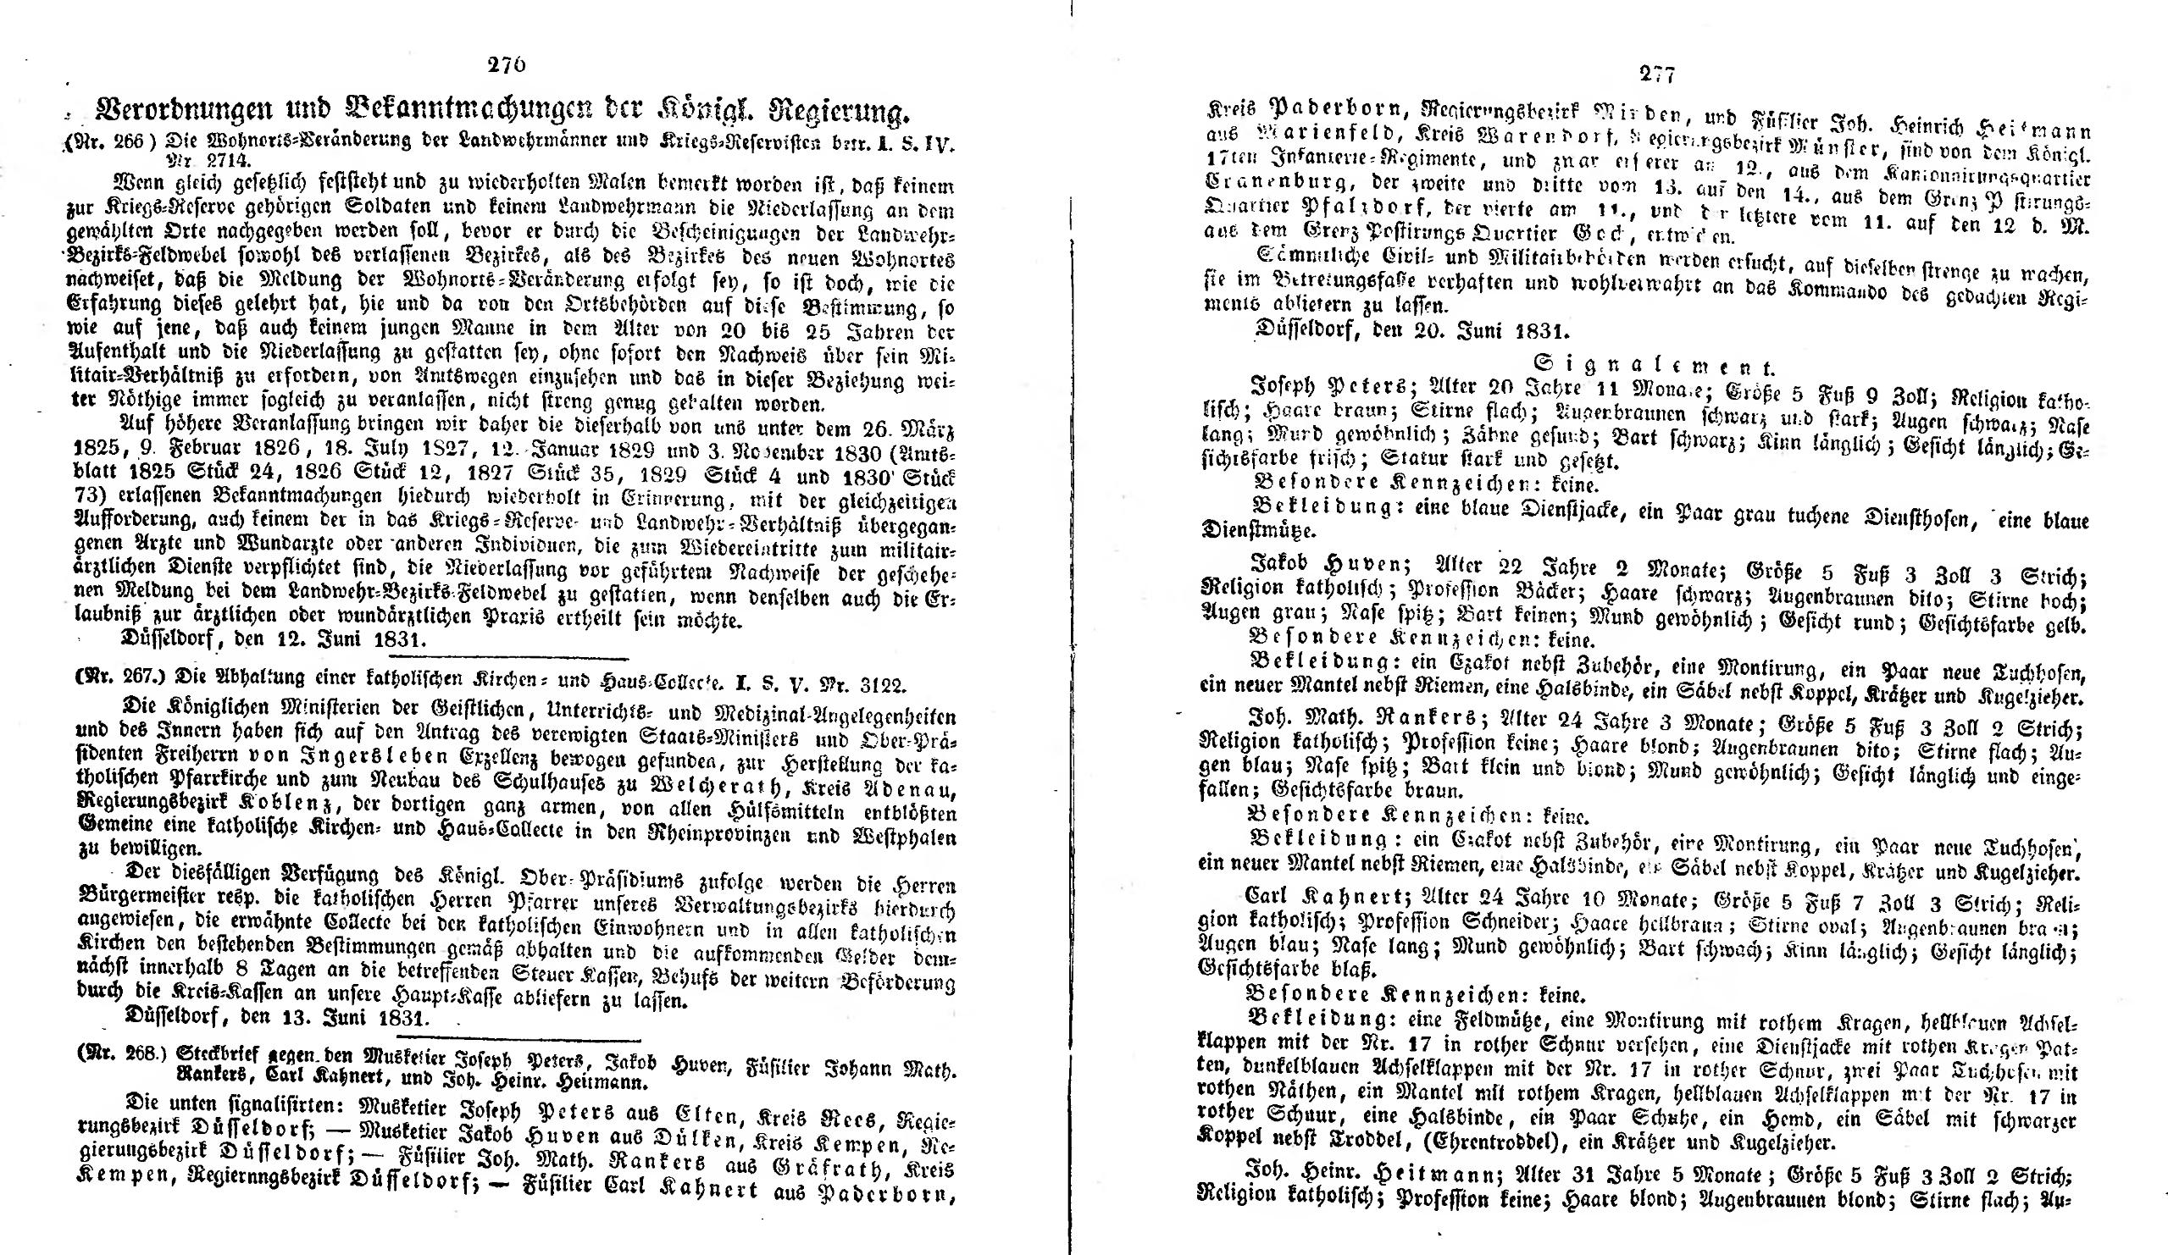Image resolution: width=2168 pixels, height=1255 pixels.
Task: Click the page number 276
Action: tap(506, 65)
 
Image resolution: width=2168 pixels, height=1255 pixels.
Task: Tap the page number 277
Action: tap(1656, 74)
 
